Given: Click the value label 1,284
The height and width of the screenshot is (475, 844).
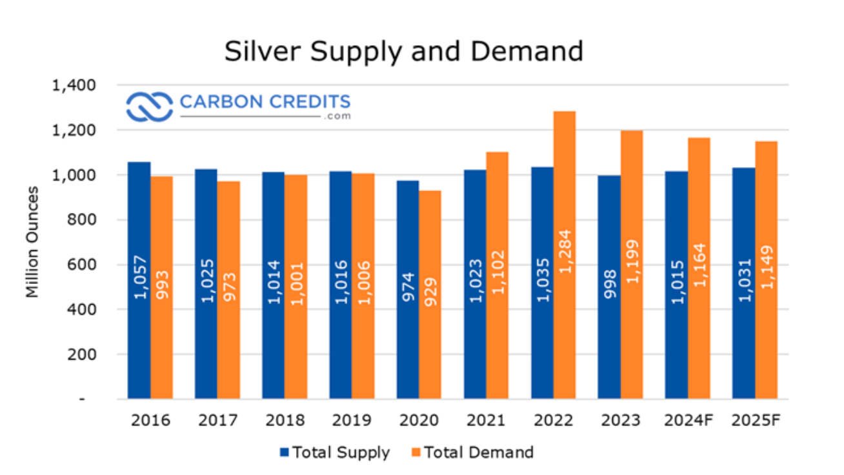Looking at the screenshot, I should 565,252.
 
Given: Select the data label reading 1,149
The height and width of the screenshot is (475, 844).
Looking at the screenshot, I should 767,266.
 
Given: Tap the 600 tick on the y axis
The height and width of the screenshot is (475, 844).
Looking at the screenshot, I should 83,265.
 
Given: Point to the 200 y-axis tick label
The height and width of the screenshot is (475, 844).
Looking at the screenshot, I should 83,354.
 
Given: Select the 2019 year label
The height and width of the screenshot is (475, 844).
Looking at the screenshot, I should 352,420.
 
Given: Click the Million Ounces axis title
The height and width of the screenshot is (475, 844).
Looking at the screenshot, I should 32,242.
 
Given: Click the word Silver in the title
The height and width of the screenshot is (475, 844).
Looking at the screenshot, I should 257,52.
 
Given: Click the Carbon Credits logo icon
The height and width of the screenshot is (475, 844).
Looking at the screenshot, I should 149,106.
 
